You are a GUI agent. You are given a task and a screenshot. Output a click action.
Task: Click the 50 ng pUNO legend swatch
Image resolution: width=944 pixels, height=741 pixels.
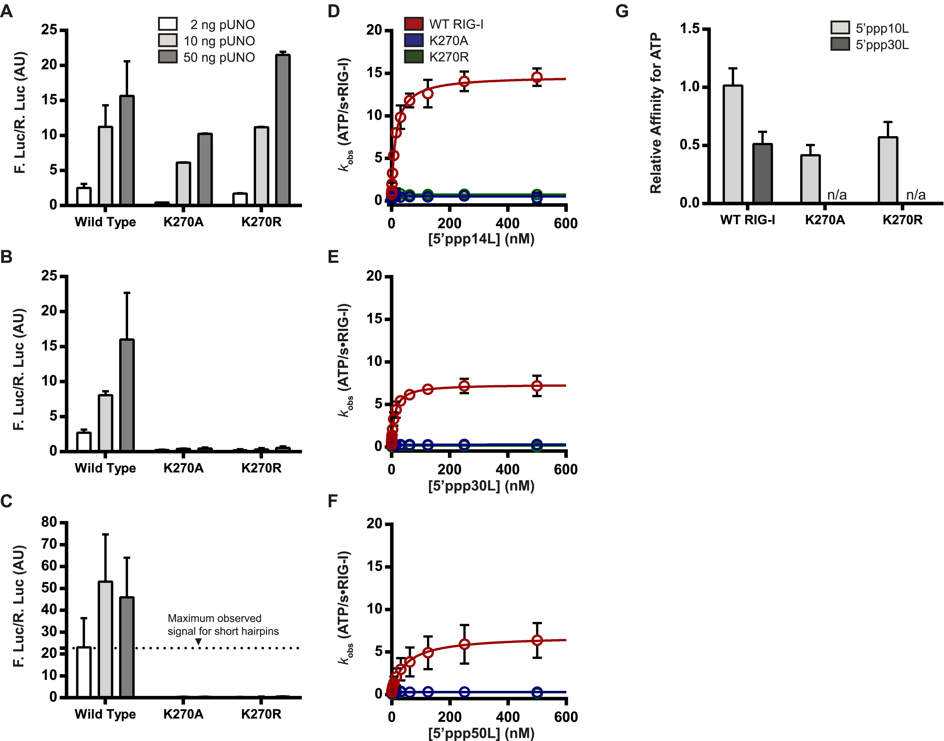point(167,57)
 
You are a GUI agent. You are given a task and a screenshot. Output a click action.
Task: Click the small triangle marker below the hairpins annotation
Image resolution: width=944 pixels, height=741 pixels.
point(198,642)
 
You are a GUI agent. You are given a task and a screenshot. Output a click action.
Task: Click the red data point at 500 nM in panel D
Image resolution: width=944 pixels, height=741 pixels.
point(537,77)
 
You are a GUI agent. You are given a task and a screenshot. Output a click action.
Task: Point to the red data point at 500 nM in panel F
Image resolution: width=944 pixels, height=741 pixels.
point(537,640)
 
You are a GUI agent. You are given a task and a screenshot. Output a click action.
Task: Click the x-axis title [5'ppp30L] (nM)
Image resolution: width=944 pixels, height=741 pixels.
point(481,485)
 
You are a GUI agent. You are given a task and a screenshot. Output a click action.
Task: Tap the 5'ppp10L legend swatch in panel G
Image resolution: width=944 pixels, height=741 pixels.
point(840,28)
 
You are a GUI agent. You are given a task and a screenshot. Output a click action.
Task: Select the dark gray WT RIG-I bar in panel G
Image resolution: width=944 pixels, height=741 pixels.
point(762,173)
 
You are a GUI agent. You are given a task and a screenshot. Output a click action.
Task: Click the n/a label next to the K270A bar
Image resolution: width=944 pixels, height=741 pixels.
point(837,195)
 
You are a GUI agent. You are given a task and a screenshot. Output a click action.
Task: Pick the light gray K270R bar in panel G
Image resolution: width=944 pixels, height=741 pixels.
point(888,170)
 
